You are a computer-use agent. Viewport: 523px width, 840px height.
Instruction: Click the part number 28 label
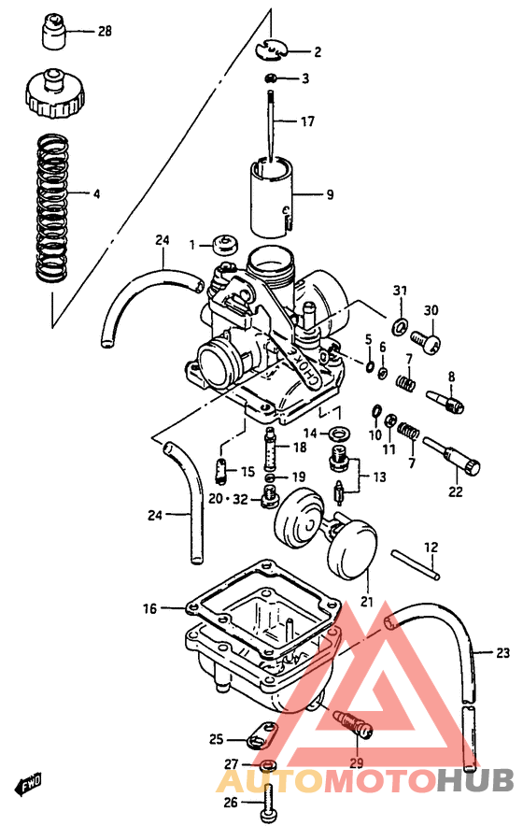coord(105,31)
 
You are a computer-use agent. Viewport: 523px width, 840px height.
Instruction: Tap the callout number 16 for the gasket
coord(149,609)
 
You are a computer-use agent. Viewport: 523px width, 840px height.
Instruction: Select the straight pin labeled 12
coord(415,562)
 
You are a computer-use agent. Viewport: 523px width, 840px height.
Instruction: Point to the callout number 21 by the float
coord(365,602)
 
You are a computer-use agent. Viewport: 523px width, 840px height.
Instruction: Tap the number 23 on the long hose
coord(503,651)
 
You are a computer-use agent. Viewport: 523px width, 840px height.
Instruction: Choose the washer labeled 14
coord(340,432)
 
